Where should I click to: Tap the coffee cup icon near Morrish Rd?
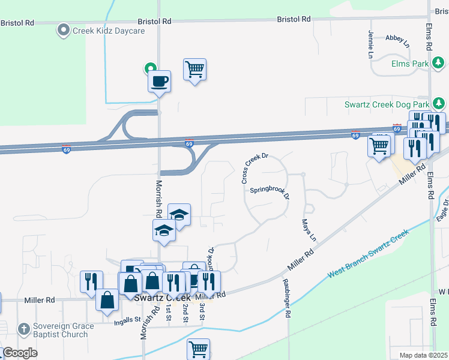coord(160,81)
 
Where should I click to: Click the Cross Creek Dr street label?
coord(254,169)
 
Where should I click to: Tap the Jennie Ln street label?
coord(370,45)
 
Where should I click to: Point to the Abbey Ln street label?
coord(397,41)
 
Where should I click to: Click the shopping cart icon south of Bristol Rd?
coord(194,70)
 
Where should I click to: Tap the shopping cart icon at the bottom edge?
coord(198,348)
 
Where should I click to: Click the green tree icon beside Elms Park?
coord(439,62)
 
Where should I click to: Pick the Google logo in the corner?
coord(20,353)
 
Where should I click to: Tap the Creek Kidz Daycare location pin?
coord(63,30)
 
